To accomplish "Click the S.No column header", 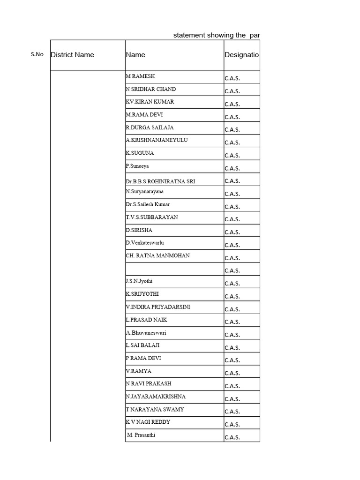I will click(37, 54).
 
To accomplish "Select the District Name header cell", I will click(72, 55).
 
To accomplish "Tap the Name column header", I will click(135, 55).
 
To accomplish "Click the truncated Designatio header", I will click(241, 55).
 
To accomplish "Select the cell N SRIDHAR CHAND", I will click(151, 89).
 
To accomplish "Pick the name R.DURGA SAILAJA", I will click(150, 127).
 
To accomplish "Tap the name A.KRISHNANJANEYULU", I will click(157, 140).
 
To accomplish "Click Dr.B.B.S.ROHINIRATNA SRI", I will click(160, 181).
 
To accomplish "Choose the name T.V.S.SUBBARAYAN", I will click(151, 217).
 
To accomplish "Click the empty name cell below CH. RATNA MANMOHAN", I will click(174, 269).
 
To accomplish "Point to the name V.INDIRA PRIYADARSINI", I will click(157, 307).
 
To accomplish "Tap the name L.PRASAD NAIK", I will click(146, 320).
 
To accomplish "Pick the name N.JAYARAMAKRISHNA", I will click(156, 397).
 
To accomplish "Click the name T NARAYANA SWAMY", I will click(155, 409).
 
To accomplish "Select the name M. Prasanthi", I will click(141, 435).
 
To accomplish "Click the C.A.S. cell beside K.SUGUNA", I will click(232, 155).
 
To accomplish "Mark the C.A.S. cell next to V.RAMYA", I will click(232, 373).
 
